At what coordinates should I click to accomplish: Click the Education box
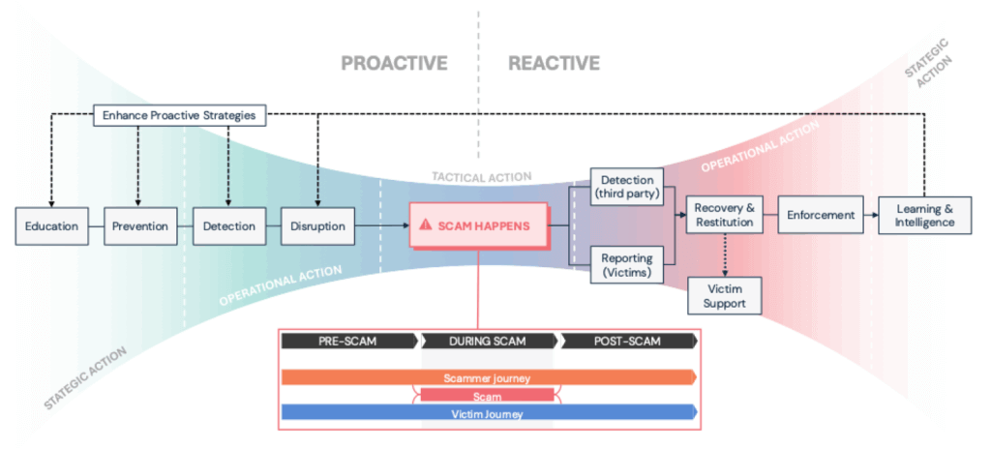(52, 226)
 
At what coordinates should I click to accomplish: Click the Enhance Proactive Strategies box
(179, 115)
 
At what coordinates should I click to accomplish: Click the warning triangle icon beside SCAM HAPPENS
(426, 224)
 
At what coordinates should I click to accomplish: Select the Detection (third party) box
(627, 188)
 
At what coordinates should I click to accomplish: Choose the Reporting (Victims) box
(627, 265)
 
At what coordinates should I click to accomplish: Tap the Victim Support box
(724, 294)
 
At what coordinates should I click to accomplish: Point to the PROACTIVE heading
(394, 64)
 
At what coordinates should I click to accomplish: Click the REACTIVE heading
(554, 64)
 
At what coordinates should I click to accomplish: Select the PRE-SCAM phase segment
(348, 342)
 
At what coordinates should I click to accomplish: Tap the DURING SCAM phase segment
(489, 342)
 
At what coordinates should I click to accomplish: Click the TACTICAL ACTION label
(482, 177)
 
